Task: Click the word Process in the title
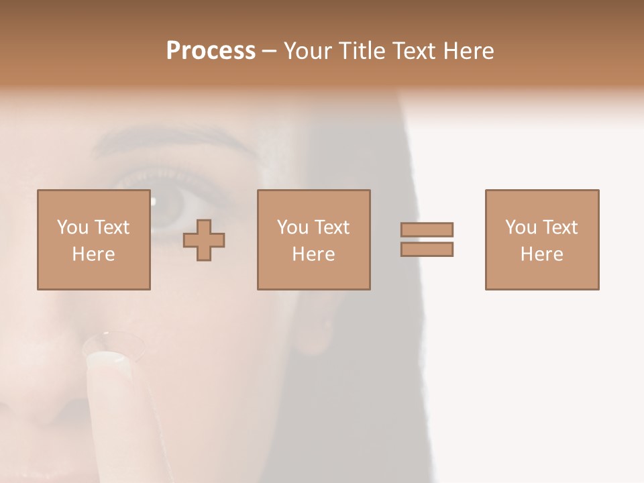pyautogui.click(x=211, y=51)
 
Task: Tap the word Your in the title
pyautogui.click(x=309, y=51)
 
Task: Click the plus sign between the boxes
pyautogui.click(x=204, y=240)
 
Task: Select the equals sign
pyautogui.click(x=427, y=239)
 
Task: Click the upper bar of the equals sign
pyautogui.click(x=427, y=229)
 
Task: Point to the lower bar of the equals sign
pyautogui.click(x=427, y=250)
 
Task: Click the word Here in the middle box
pyautogui.click(x=313, y=254)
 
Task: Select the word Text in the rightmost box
pyautogui.click(x=559, y=227)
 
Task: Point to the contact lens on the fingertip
pyautogui.click(x=114, y=343)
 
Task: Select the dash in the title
pyautogui.click(x=270, y=52)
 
